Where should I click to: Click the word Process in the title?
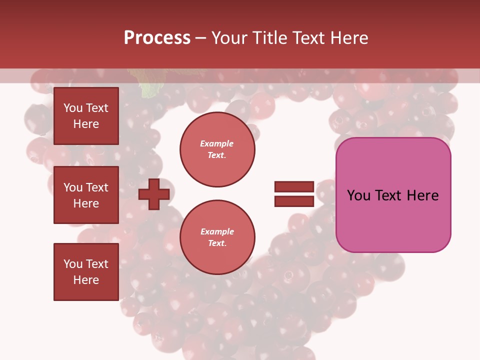coord(157,37)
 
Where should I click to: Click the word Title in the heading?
coord(268,37)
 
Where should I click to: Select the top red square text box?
coord(86,116)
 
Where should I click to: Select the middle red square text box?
coord(86,195)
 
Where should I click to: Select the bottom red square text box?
coord(86,271)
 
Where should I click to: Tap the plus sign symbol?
coord(154,194)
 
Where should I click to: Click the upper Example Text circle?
coord(217,149)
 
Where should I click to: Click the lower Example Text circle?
coord(217,237)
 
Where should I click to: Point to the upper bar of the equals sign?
coord(294,187)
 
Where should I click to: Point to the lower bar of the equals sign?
coord(294,201)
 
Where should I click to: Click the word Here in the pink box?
coord(422,195)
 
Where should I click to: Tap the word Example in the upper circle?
coord(217,143)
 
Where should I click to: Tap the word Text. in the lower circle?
coord(217,243)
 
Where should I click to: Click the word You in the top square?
coord(73,108)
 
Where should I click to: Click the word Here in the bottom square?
coord(86,280)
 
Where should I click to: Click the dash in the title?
coord(201,37)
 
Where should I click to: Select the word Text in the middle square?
coord(96,187)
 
